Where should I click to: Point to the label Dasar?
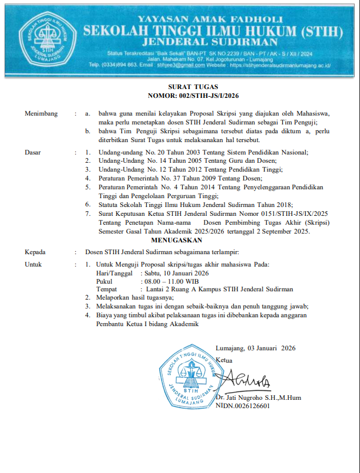[x=32, y=152]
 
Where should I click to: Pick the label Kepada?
[x=35, y=251]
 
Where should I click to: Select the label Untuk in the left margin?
[x=34, y=264]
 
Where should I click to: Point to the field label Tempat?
[x=107, y=290]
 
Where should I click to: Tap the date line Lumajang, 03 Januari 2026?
[x=255, y=348]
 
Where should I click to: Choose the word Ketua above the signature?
[x=224, y=359]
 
